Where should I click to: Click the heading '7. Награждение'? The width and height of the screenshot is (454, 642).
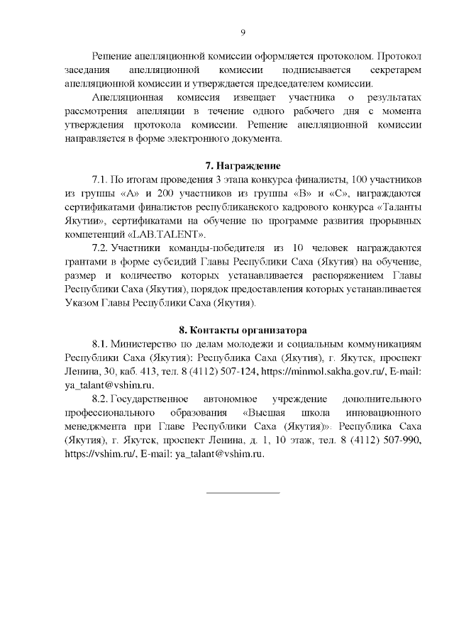pos(243,165)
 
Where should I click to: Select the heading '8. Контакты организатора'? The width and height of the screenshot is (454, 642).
pos(243,330)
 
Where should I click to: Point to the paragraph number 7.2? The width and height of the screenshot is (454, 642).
pos(100,248)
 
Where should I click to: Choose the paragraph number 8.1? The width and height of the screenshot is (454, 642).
pos(100,344)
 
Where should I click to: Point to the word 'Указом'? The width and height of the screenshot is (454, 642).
pos(80,303)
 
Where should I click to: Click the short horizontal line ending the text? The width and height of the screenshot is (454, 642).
pos(243,492)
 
